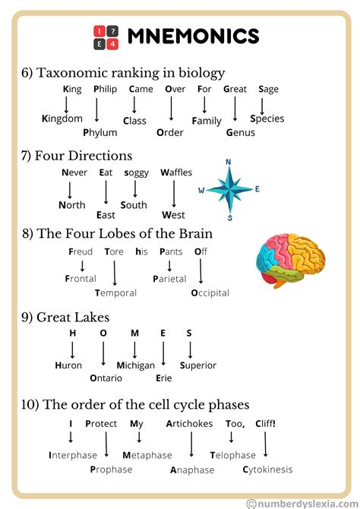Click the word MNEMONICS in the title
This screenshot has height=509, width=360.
(x=193, y=36)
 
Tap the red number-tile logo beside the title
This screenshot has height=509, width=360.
(x=106, y=36)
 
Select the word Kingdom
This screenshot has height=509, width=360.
(x=62, y=119)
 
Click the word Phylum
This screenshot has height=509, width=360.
(x=99, y=132)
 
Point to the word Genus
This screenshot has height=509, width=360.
(x=241, y=132)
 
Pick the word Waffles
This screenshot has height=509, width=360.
(x=176, y=172)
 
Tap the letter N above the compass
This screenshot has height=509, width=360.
(x=229, y=162)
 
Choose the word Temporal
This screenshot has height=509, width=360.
(x=115, y=292)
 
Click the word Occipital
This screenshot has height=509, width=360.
(x=210, y=292)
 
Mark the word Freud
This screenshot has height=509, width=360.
(x=81, y=251)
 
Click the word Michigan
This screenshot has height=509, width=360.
(x=135, y=365)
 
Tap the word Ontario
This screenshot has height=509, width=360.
(x=106, y=378)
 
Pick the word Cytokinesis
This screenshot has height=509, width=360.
(x=267, y=469)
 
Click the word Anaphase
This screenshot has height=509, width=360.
(x=192, y=469)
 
